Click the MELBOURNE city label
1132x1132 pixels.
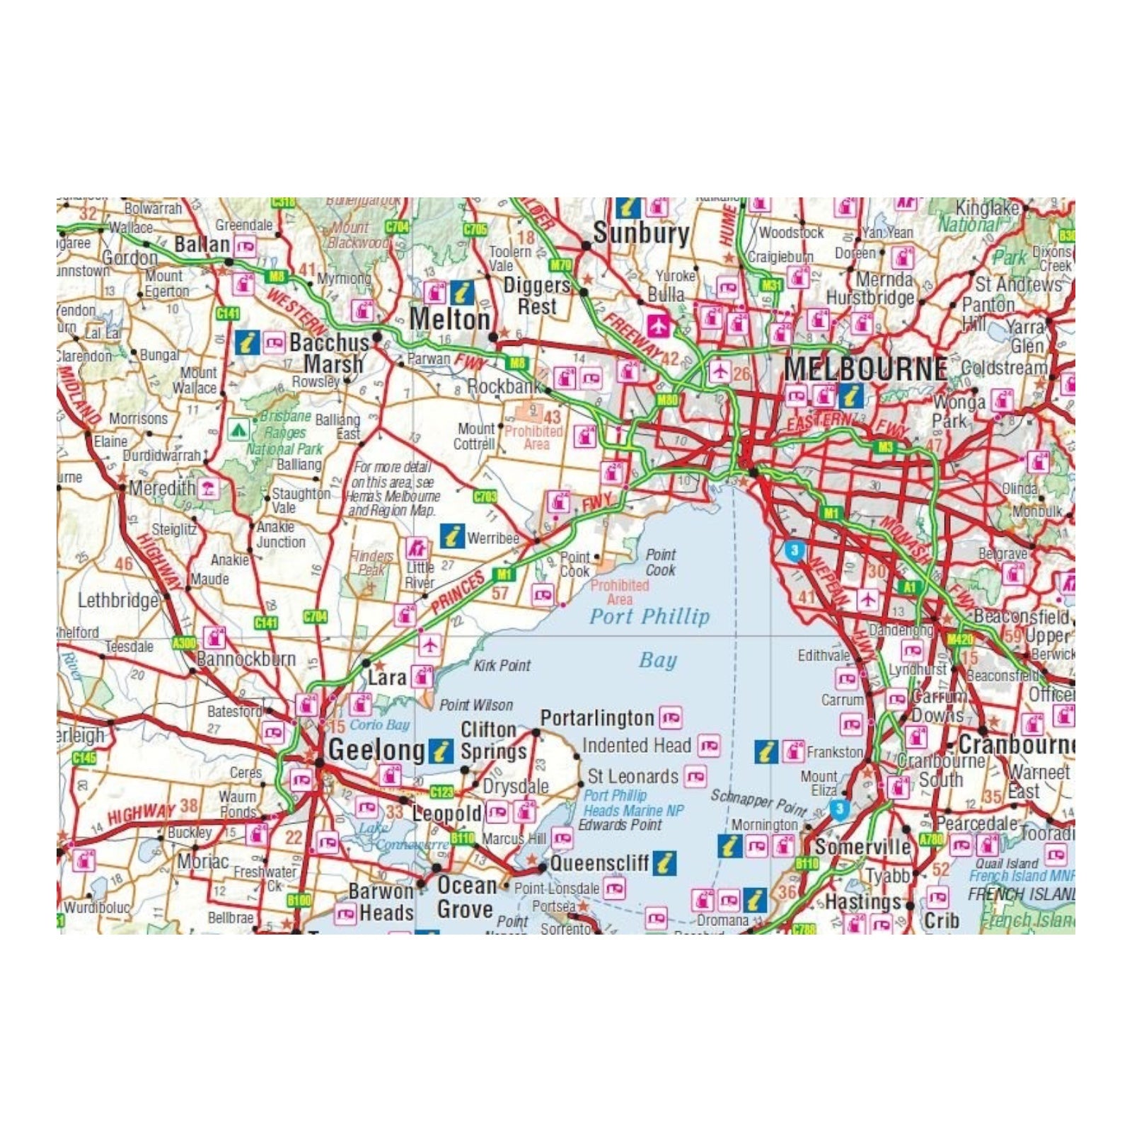tap(865, 369)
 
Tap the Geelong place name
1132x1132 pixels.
tap(376, 750)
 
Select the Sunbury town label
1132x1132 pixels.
tap(640, 233)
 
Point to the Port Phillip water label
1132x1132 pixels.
tap(649, 616)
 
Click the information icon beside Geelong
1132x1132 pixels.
tap(441, 751)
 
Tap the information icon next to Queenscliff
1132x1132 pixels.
tap(664, 862)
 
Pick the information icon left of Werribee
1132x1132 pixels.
tap(452, 536)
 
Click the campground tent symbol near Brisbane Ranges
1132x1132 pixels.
tap(238, 429)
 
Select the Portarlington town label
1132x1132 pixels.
tap(596, 719)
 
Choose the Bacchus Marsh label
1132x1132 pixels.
tap(330, 353)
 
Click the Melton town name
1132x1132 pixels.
tap(449, 319)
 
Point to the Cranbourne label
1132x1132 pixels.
tap(1015, 744)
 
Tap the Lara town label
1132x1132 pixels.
tap(386, 678)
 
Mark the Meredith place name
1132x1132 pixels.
tap(162, 487)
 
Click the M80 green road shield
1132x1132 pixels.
tap(667, 400)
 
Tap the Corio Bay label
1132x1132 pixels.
tap(379, 724)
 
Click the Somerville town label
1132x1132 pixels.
tap(862, 847)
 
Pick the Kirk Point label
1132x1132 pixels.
tap(502, 665)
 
